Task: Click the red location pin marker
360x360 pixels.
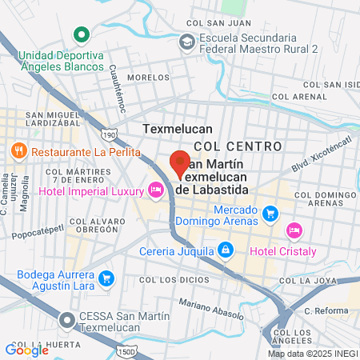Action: tap(180, 162)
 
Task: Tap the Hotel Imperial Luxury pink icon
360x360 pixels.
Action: tap(155, 190)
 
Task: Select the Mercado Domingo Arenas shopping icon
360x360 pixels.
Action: tap(270, 214)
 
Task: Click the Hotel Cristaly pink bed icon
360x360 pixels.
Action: tap(294, 230)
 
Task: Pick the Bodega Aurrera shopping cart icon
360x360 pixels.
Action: tap(109, 279)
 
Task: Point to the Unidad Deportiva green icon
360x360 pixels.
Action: tap(80, 35)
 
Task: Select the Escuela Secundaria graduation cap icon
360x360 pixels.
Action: tap(186, 41)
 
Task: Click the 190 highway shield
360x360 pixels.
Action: tap(109, 137)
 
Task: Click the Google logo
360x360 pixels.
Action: tap(26, 350)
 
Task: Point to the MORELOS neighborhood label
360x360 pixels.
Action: tap(148, 78)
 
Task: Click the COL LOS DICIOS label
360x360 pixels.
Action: tap(168, 279)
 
